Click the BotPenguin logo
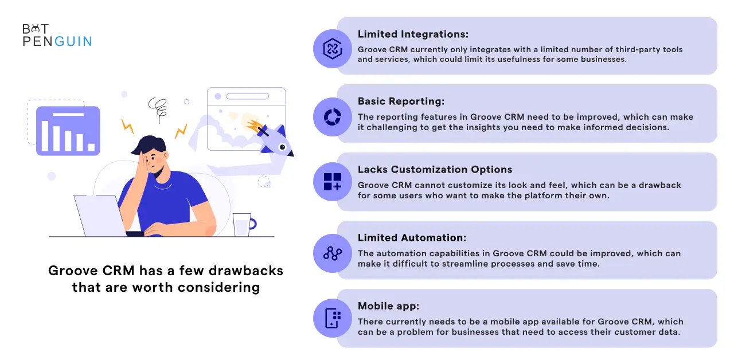click(x=57, y=35)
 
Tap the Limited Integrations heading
click(x=413, y=34)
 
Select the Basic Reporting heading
click(x=401, y=101)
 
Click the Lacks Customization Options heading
click(x=435, y=169)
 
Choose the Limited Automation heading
click(x=412, y=237)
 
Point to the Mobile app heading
click(x=388, y=306)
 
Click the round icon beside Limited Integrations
click(x=332, y=49)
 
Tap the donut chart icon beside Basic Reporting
click(x=332, y=117)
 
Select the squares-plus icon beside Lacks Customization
click(x=332, y=182)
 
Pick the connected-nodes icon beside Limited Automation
click(x=332, y=253)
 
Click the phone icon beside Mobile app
click(x=332, y=318)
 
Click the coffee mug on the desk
click(x=244, y=225)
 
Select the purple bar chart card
click(x=68, y=131)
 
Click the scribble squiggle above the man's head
click(x=158, y=108)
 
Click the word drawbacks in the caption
click(x=246, y=271)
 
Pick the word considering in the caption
click(x=218, y=288)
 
